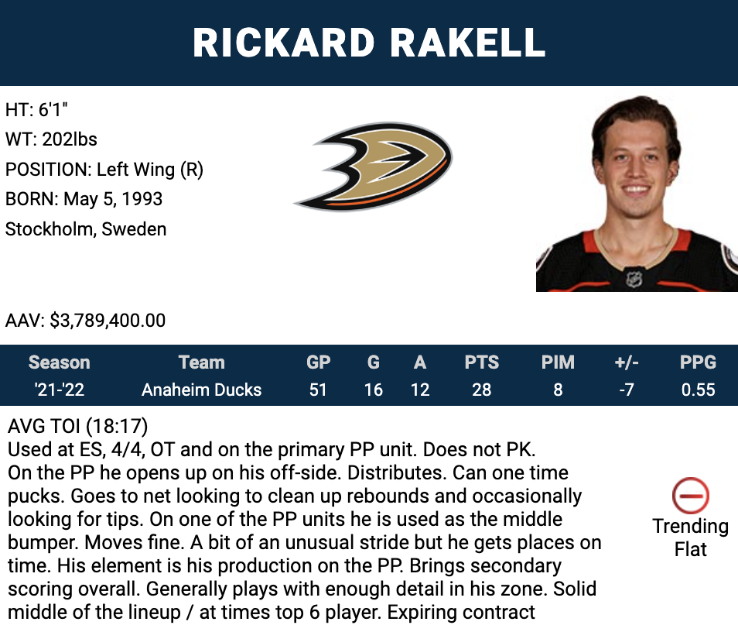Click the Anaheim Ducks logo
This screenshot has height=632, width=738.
point(373,167)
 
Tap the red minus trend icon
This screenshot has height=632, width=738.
point(691,496)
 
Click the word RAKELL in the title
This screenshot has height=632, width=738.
point(467,43)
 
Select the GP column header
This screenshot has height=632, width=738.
point(318,362)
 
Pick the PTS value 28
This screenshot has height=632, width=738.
point(481,390)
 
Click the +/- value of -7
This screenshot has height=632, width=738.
point(627,390)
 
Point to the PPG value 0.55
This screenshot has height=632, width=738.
point(698,390)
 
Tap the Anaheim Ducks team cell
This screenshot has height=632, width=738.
point(201,390)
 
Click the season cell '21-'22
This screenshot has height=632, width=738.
point(60,390)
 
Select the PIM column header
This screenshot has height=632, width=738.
point(558,362)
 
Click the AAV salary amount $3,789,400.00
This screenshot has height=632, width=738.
point(108,321)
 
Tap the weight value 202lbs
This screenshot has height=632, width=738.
point(70,139)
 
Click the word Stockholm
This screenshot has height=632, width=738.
point(51,229)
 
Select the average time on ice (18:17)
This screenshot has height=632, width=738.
point(117,426)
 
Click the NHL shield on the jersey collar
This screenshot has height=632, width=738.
point(634,279)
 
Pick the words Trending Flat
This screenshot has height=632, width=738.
point(691,538)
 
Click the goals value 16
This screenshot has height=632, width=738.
point(373,390)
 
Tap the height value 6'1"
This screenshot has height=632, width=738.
point(53,110)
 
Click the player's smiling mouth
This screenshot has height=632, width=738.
point(635,190)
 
